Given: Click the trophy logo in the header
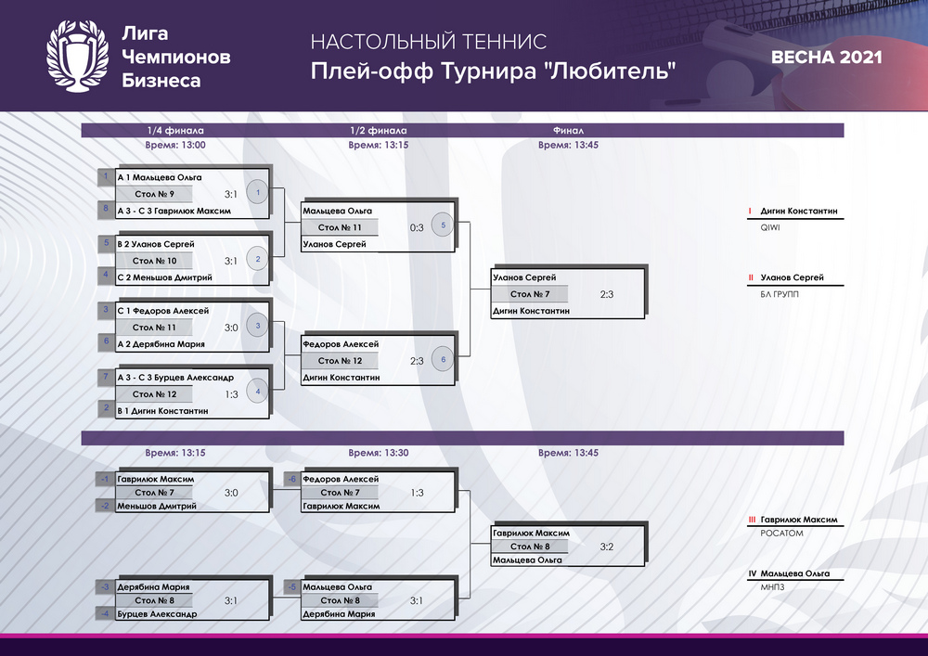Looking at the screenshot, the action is click(78, 57).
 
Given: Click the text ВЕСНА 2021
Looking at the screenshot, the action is click(826, 58).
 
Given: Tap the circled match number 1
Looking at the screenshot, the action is click(257, 192).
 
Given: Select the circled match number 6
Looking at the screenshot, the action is click(443, 359).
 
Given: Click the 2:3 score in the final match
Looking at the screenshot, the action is click(607, 294).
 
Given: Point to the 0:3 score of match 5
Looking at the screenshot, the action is click(417, 227).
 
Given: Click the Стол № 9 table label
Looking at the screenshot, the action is click(154, 194).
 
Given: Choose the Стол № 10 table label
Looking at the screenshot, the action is click(154, 261).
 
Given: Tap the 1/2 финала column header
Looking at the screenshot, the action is click(379, 131).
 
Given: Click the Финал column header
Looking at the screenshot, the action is click(568, 131).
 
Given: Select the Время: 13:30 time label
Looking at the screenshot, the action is click(379, 453).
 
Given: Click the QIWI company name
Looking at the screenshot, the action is click(770, 227).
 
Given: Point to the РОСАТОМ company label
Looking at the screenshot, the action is click(781, 534).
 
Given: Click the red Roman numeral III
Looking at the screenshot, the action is click(752, 520).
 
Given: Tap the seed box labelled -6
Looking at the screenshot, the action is click(291, 479).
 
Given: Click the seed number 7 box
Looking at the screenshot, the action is click(106, 376).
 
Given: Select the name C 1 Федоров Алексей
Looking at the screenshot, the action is click(162, 311).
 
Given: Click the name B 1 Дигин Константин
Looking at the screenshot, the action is click(162, 410).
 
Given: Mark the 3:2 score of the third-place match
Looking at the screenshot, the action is click(607, 547).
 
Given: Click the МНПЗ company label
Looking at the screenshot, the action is click(772, 587).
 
